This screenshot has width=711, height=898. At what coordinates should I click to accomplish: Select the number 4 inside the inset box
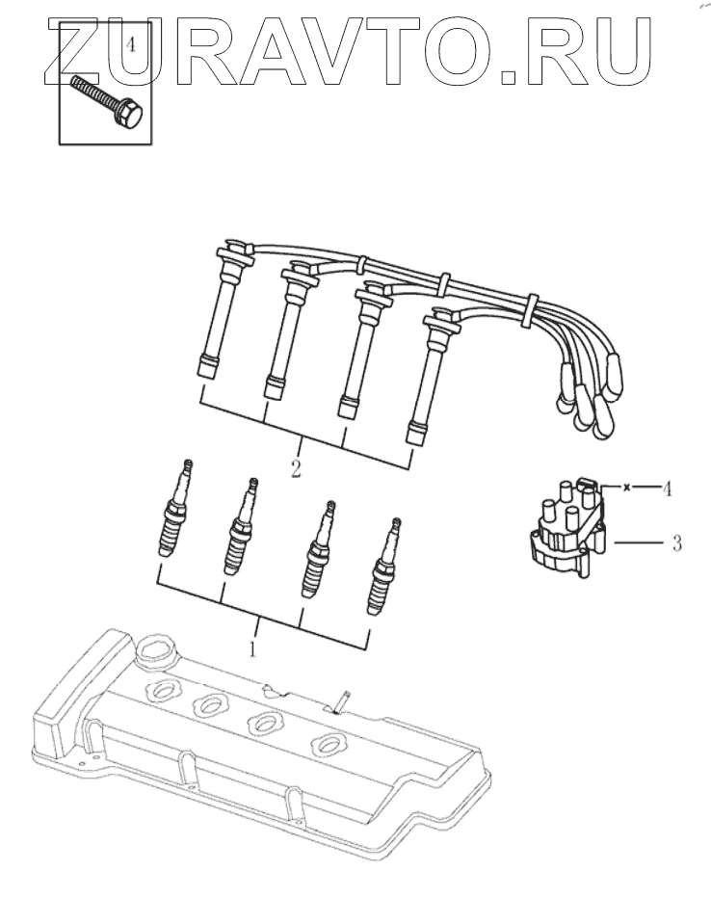click(130, 44)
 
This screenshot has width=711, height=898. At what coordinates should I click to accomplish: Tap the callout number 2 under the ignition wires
click(297, 470)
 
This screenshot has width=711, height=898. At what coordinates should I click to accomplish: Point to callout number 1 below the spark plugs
click(252, 649)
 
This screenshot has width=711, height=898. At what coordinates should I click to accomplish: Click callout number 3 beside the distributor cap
click(677, 544)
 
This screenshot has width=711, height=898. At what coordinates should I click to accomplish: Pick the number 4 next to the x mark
click(667, 489)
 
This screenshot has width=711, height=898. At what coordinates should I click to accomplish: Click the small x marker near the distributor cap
click(627, 489)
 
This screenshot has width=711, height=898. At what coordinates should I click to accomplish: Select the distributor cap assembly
click(567, 533)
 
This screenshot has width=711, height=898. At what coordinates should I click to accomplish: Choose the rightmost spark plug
click(384, 568)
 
